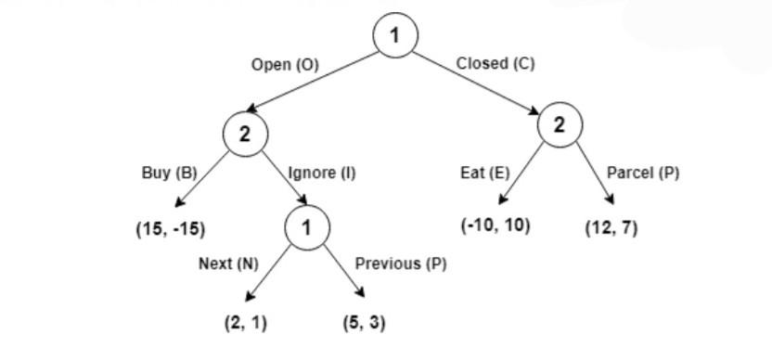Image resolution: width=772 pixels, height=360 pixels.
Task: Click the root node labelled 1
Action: [x=395, y=35]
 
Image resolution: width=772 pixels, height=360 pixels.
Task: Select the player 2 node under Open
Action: [x=245, y=134]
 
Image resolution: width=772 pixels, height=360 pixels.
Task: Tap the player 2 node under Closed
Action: [x=560, y=125]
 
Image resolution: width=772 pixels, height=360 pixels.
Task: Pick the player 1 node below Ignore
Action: [x=308, y=227]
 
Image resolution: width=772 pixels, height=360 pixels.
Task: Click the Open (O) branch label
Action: [x=285, y=65]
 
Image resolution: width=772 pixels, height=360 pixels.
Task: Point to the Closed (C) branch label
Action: [x=495, y=63]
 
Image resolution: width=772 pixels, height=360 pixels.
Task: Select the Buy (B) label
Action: [x=170, y=173]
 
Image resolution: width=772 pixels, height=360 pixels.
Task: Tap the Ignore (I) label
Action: [x=321, y=173]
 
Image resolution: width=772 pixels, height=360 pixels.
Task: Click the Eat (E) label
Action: [x=485, y=173]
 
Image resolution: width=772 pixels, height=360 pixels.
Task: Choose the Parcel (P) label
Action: [x=642, y=173]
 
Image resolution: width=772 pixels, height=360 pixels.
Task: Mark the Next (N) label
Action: [x=228, y=264]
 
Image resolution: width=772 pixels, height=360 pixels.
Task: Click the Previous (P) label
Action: [x=401, y=264]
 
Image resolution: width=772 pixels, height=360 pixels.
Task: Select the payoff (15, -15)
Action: [x=171, y=230]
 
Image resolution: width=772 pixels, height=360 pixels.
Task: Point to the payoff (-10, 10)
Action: [x=495, y=225]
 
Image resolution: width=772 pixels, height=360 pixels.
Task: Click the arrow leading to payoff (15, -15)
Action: [x=202, y=179]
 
